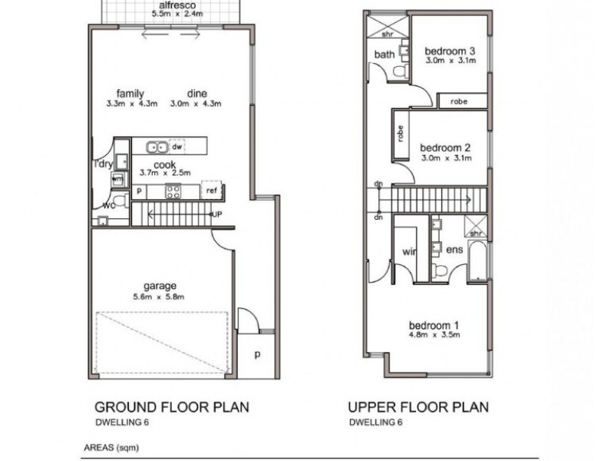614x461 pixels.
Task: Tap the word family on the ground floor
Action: [x=130, y=94]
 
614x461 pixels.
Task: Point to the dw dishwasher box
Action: [x=177, y=146]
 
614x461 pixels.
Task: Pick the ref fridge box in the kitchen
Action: [x=210, y=191]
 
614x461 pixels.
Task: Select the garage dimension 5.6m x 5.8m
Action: [x=159, y=297]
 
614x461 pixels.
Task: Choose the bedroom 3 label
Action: [x=450, y=51]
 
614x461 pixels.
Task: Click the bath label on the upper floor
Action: [x=384, y=55]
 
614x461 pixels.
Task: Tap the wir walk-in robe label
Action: [x=408, y=250]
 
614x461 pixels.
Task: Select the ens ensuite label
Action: [x=454, y=250]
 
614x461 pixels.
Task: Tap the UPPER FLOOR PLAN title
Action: [x=418, y=406]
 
